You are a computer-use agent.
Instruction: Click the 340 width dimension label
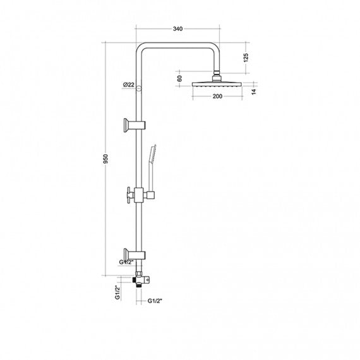[177, 28]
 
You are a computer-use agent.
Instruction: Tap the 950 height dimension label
[105, 159]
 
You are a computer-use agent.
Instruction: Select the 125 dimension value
[246, 57]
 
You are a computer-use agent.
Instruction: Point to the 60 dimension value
[180, 78]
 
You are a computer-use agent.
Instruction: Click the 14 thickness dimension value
[253, 92]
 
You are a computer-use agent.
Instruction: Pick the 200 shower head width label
[217, 96]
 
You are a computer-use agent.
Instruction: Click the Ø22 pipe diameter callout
[128, 85]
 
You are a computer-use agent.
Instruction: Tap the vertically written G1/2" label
[117, 292]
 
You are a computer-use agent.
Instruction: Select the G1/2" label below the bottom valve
[155, 301]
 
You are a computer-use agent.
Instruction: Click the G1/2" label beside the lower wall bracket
[126, 262]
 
